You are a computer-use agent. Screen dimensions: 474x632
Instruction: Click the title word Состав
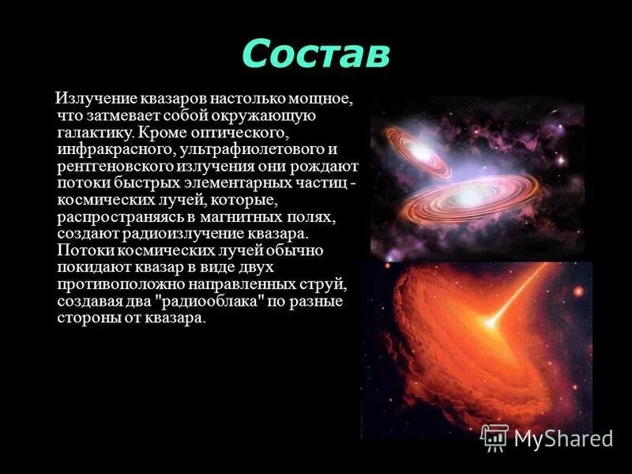315,53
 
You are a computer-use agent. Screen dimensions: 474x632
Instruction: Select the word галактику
92,131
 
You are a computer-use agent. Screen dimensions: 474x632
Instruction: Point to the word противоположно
114,284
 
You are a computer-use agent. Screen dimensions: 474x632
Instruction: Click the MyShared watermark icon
495,438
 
